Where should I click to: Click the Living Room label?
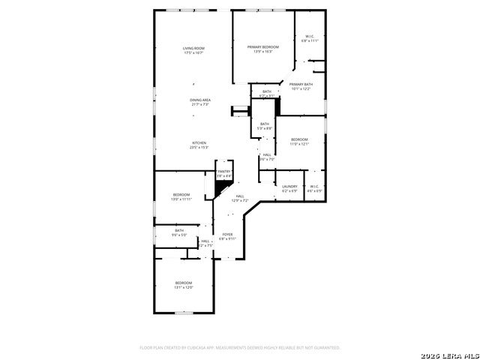click(193, 49)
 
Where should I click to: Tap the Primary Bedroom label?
click(262, 47)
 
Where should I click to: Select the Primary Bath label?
click(300, 85)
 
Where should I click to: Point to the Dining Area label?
click(199, 100)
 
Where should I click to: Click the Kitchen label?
click(199, 142)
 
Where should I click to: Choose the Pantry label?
click(223, 172)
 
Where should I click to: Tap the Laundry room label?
click(289, 186)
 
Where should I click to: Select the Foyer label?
click(227, 235)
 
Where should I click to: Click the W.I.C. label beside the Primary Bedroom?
click(310, 37)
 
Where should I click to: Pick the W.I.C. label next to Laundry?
click(314, 186)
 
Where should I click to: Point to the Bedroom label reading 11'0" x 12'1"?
click(299, 139)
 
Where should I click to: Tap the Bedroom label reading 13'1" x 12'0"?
click(184, 283)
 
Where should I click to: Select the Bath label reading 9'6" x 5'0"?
click(179, 230)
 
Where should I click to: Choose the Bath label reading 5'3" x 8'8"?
click(264, 124)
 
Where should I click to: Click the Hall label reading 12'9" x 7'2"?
click(240, 196)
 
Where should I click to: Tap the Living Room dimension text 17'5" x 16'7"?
click(193, 53)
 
